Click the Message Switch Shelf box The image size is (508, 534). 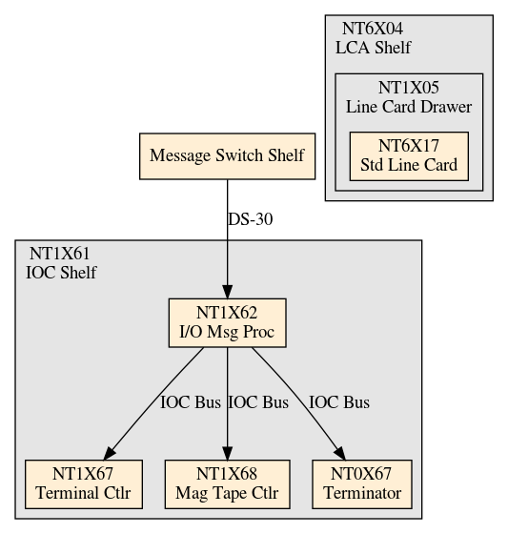pos(227,156)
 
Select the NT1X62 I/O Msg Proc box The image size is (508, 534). pos(227,323)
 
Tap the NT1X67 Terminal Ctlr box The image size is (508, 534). pos(84,484)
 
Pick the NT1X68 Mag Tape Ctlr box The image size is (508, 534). pos(227,484)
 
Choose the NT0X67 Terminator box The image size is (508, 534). pos(362,484)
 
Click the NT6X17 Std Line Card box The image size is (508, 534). pos(409,156)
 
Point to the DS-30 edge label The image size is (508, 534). pos(251,219)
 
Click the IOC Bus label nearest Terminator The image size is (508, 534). pos(339,402)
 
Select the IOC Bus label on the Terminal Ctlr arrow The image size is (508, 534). pos(191,402)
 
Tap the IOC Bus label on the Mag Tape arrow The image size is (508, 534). pos(258,402)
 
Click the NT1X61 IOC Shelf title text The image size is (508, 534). pos(61,263)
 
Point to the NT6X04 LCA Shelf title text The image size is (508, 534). pos(374,38)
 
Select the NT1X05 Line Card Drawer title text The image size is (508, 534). pos(409,97)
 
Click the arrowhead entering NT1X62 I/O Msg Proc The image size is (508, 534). pos(227,292)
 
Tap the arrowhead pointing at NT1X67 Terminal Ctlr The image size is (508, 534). pos(109,453)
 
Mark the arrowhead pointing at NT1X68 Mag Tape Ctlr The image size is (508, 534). pos(227,453)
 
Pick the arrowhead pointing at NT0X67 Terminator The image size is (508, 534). pos(340,453)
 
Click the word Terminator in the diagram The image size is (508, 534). pos(362,493)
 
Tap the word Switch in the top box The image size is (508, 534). pos(239,155)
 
